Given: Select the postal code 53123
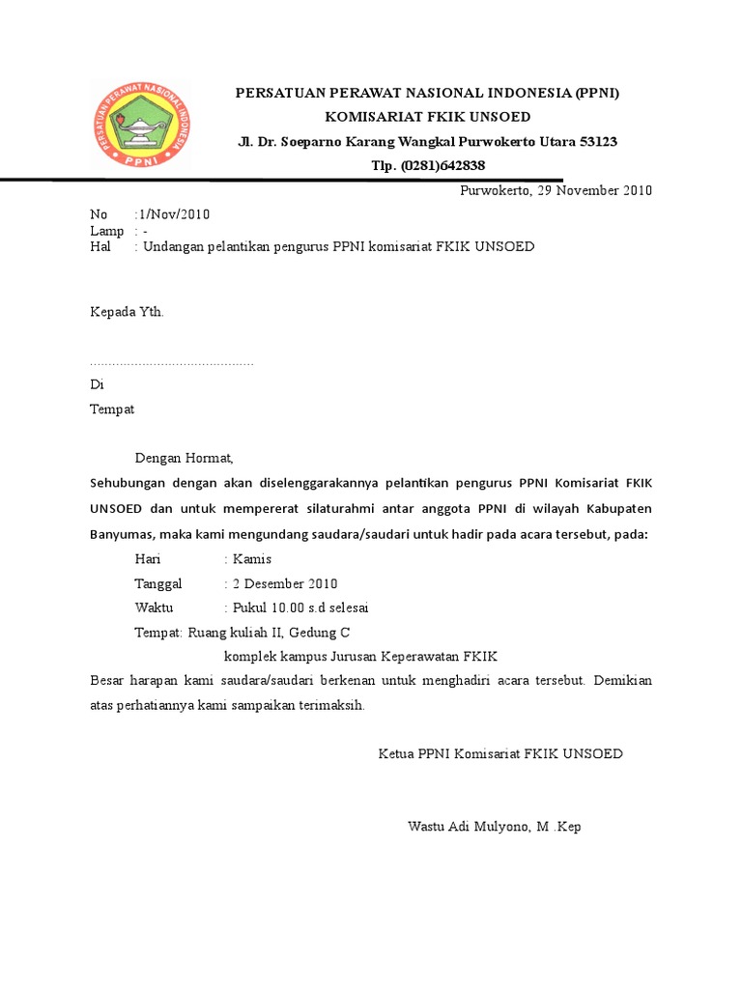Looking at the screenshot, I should [x=598, y=142].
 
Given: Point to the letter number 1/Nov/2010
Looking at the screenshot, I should [x=174, y=213].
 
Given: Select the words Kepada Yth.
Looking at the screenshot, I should [x=128, y=312].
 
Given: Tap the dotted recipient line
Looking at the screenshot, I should [x=171, y=363].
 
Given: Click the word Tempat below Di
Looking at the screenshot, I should [x=112, y=409].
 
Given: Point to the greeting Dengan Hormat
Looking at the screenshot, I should [x=184, y=458].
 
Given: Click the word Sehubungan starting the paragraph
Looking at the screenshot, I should [x=129, y=482].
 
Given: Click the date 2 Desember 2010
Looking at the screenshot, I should [x=285, y=584].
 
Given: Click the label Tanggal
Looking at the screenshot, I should [x=158, y=584].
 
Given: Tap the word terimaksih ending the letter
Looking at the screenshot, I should [x=329, y=705].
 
